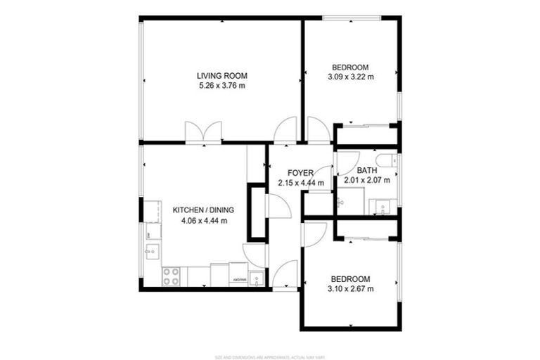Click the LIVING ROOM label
click(x=221, y=76)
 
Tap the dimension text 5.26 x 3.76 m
click(x=221, y=86)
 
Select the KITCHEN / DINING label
click(x=203, y=210)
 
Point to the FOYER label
click(x=300, y=173)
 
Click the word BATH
click(x=366, y=170)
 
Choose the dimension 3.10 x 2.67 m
click(x=350, y=288)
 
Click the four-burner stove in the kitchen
click(x=171, y=276)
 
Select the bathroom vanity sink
click(x=382, y=207)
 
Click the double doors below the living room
click(x=203, y=132)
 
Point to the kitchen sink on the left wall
click(x=151, y=251)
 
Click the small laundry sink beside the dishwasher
click(x=257, y=278)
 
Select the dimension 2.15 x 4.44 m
click(x=300, y=183)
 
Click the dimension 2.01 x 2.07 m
click(x=366, y=180)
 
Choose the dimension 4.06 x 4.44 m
click(x=203, y=220)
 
